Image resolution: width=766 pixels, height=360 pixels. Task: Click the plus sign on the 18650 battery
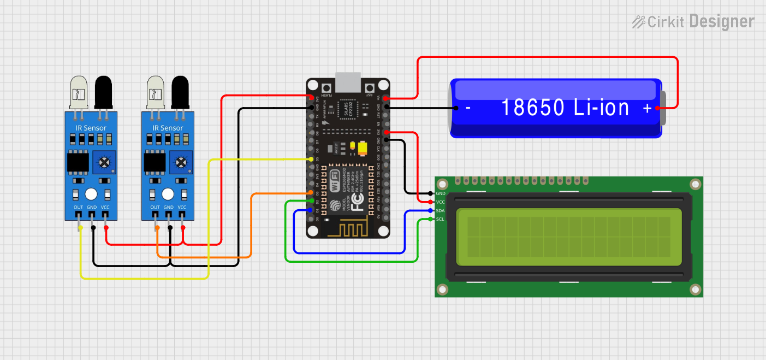[648, 109]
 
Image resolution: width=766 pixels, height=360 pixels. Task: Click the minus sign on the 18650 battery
[468, 108]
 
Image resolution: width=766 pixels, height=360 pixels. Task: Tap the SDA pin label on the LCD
[440, 211]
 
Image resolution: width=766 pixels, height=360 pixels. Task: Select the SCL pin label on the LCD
[440, 220]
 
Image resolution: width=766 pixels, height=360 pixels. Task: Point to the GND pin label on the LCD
[441, 193]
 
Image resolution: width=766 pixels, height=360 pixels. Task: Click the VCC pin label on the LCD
[440, 202]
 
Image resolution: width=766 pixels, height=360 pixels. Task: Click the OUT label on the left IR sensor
[79, 208]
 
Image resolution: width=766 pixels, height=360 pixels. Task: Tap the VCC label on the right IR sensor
[182, 208]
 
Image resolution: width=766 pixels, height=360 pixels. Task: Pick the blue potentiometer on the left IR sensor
[104, 162]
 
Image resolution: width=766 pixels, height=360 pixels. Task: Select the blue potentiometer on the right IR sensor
[180, 162]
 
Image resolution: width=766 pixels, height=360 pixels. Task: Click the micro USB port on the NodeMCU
[348, 82]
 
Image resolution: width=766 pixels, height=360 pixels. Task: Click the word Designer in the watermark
[721, 22]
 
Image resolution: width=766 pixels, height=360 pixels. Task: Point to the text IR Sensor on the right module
[168, 128]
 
